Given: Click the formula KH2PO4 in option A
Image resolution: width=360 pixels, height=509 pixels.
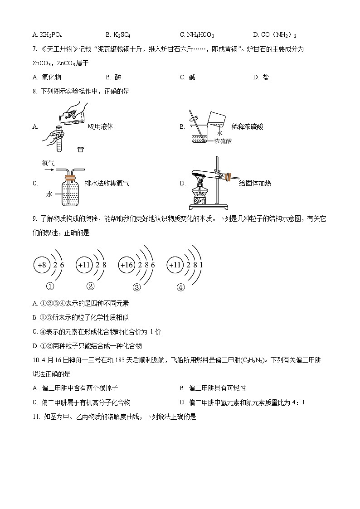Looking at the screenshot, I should pos(51,35).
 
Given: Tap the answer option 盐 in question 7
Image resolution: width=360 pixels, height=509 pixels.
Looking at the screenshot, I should pos(266,78).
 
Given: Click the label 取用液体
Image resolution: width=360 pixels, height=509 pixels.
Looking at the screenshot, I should pos(100,126).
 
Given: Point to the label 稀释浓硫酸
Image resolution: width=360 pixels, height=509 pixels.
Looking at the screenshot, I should pos(247,126).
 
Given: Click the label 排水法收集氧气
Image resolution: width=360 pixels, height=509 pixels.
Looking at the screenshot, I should pos(107,184).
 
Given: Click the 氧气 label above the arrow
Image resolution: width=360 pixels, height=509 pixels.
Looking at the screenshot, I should pos(48,162).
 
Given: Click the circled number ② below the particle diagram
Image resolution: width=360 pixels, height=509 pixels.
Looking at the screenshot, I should pos(90,286).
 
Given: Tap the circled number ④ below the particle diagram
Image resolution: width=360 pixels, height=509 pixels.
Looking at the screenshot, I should pos(180,286).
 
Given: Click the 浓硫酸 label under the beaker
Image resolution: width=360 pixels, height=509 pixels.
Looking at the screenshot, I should pos(223,141).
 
